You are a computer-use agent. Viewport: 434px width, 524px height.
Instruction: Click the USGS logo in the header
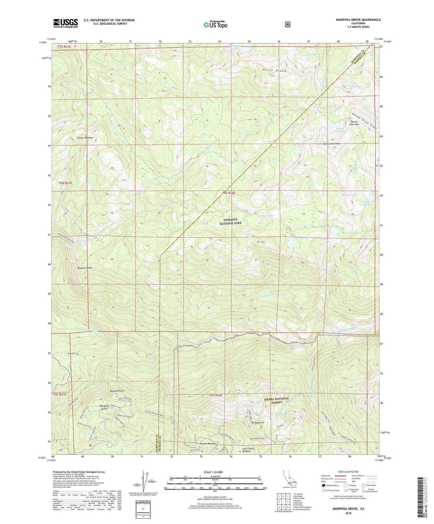[x=65, y=23]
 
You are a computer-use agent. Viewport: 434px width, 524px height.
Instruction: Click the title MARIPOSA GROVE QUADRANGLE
[x=354, y=20]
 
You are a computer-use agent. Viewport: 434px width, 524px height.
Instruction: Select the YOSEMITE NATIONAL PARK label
[x=230, y=221]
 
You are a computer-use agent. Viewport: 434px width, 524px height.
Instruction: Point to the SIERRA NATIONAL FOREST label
[x=277, y=400]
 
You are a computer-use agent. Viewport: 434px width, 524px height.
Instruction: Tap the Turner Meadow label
[x=85, y=138]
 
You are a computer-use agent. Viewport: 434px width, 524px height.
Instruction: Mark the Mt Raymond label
[x=258, y=423]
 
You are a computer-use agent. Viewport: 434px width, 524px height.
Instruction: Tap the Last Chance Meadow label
[x=249, y=450]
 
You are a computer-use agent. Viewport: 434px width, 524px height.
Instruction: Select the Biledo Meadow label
[x=208, y=444]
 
